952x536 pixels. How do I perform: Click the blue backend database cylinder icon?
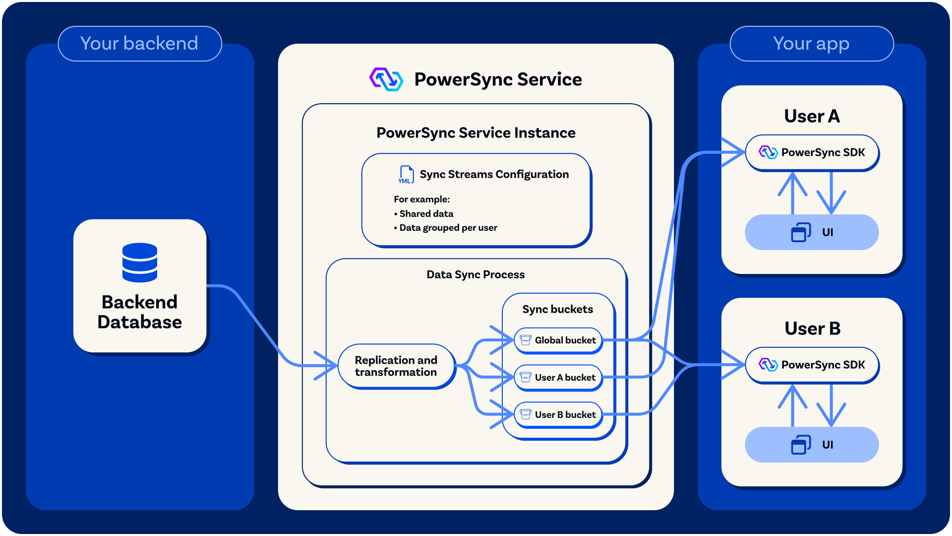140,263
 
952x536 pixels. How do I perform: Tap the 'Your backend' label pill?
139,44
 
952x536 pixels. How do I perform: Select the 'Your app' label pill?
811,44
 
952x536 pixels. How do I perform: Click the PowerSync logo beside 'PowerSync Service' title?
386,79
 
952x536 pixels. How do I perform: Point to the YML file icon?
406,175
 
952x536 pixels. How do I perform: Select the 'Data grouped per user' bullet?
448,228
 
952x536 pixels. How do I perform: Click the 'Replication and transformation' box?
396,366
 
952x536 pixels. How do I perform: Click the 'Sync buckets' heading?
557,309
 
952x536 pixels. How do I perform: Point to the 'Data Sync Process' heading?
476,274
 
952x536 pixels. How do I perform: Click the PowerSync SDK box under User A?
812,152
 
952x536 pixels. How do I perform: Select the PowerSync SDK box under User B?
812,365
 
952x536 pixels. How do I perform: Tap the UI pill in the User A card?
812,232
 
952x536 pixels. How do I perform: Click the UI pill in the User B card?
812,445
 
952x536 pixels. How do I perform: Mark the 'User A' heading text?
812,116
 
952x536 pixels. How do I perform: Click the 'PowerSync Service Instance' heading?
476,133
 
